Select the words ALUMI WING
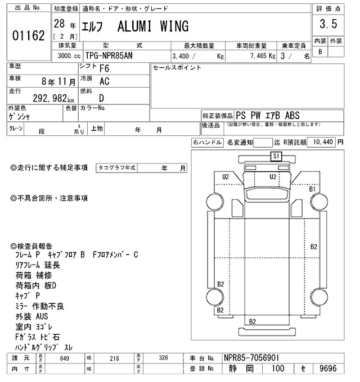(x=153, y=26)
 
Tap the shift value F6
(x=104, y=70)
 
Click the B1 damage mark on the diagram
(x=313, y=190)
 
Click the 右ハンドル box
(x=206, y=143)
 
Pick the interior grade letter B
(x=320, y=52)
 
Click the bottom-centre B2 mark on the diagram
(x=253, y=321)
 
